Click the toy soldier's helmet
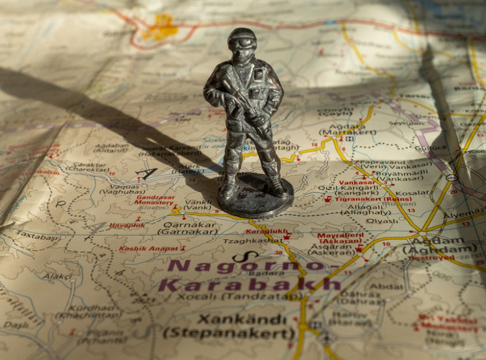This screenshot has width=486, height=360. pyautogui.click(x=242, y=38)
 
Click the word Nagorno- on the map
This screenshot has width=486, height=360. pyautogui.click(x=248, y=266)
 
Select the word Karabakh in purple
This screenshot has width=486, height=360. pyautogui.click(x=249, y=284)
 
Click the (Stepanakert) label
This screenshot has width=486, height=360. pyautogui.click(x=229, y=333)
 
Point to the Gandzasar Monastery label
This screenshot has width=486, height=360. pyautogui.click(x=155, y=199)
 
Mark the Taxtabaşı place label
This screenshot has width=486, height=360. pyautogui.click(x=38, y=235)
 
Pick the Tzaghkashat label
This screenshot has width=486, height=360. pyautogui.click(x=245, y=240)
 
